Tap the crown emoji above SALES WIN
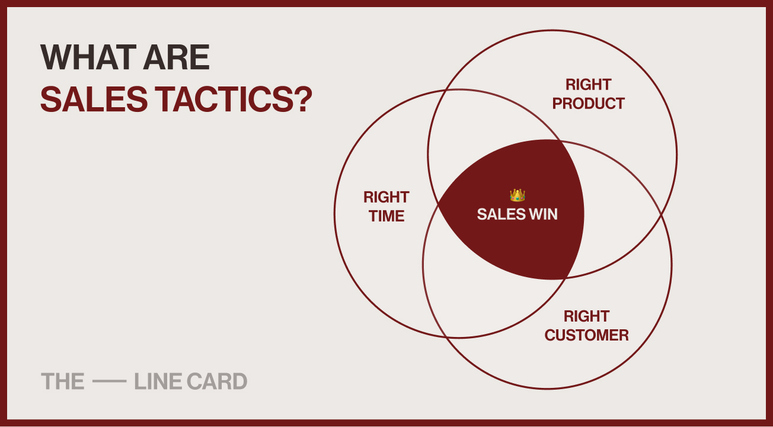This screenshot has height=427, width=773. click(x=518, y=195)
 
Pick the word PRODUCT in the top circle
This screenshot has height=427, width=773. click(x=588, y=104)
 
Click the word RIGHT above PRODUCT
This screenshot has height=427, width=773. click(x=588, y=85)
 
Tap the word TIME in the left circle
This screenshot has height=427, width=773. click(x=386, y=216)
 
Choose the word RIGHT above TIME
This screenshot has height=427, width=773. click(x=386, y=197)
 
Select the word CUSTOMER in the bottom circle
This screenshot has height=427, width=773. click(x=586, y=335)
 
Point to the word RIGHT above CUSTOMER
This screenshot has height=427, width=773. click(x=586, y=316)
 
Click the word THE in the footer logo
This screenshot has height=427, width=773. click(x=62, y=381)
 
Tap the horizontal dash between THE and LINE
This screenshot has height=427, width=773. click(x=110, y=382)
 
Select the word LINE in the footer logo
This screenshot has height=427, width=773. click(x=157, y=381)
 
